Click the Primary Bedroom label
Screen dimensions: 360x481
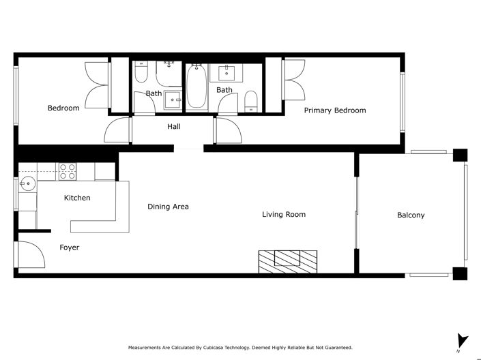tap(334, 110)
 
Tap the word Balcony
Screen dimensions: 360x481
tap(411, 215)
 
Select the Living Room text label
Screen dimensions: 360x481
tap(284, 215)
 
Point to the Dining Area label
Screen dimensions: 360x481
tap(168, 207)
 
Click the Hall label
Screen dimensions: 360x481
tap(174, 126)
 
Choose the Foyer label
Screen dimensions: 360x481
tap(69, 247)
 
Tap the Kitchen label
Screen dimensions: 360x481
tap(77, 198)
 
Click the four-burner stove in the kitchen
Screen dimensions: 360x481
tap(67, 171)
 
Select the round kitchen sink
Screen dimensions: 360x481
tap(27, 183)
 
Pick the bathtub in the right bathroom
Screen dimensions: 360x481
tap(197, 87)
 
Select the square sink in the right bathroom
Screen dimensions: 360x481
tap(223, 73)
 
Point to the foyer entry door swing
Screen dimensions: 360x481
tap(29, 256)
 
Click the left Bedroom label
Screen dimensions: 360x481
tap(63, 108)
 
